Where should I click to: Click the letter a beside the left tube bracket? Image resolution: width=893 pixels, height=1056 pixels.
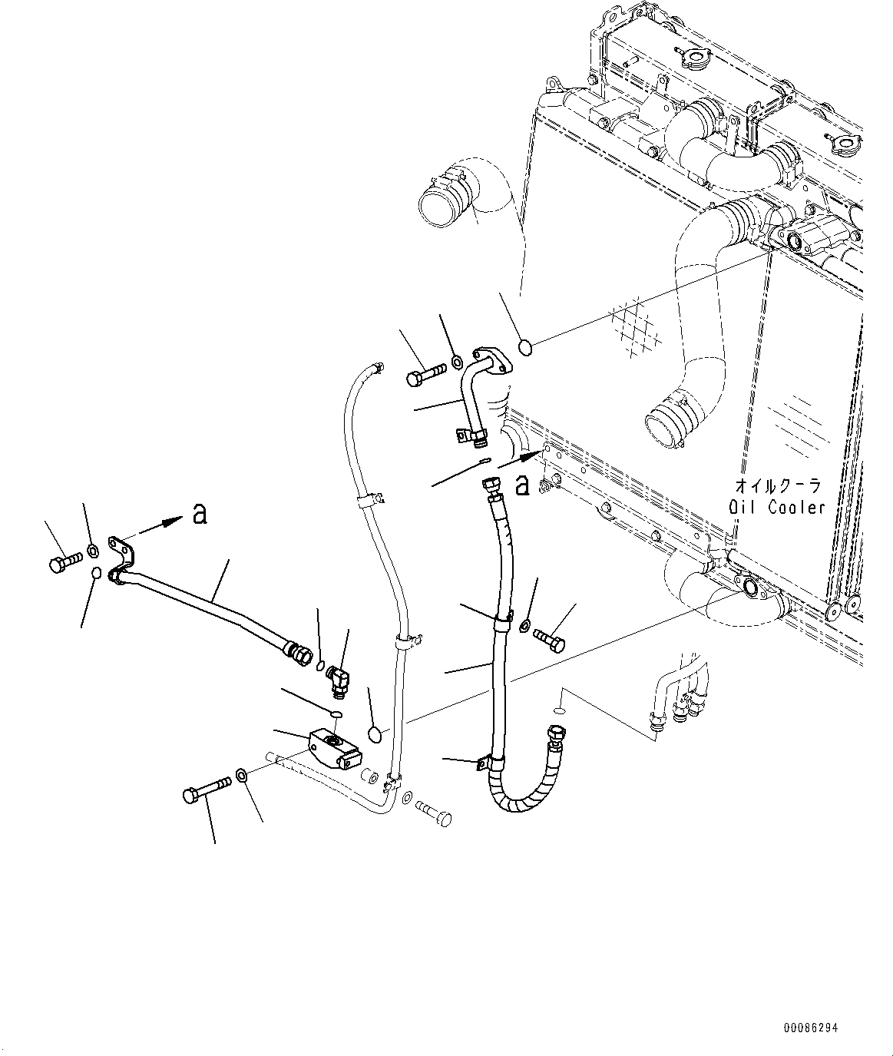point(200,514)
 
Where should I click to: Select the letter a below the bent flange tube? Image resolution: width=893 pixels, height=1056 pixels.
point(523,485)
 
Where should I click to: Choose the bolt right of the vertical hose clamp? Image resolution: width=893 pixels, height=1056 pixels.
point(548,638)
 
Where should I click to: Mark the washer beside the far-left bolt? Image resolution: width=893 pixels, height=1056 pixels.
point(92,549)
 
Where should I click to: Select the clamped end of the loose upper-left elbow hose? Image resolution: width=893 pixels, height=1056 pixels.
point(437,201)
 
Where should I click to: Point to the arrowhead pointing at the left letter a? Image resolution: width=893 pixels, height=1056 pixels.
point(174,522)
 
